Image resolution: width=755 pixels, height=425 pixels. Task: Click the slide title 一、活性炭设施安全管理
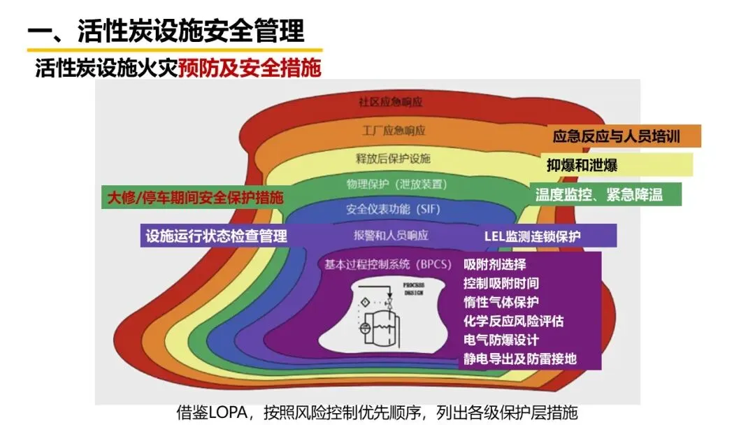pyautogui.click(x=166, y=31)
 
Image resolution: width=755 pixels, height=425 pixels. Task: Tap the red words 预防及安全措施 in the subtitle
pyautogui.click(x=250, y=68)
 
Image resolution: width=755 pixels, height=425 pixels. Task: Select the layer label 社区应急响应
pyautogui.click(x=391, y=102)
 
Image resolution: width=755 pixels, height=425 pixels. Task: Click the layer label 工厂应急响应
pyautogui.click(x=394, y=131)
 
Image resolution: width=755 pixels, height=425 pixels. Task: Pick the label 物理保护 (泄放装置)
pyautogui.click(x=396, y=184)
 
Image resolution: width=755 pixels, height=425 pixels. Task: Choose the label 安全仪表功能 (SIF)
pyautogui.click(x=393, y=208)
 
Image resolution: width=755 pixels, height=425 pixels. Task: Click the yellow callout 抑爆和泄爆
pyautogui.click(x=582, y=166)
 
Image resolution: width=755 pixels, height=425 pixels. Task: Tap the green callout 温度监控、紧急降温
pyautogui.click(x=598, y=194)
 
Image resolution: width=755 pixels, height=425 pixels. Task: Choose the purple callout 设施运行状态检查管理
pyautogui.click(x=216, y=236)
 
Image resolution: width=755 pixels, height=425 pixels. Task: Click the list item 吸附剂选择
pyautogui.click(x=494, y=265)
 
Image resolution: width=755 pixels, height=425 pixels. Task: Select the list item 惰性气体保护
pyautogui.click(x=501, y=303)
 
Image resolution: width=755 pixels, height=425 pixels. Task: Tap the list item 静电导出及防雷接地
pyautogui.click(x=519, y=359)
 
